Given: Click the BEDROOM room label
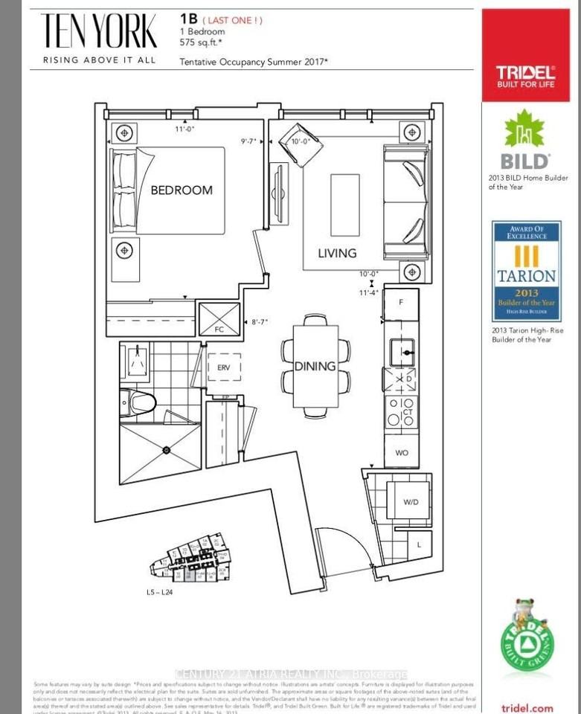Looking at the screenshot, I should pyautogui.click(x=182, y=190).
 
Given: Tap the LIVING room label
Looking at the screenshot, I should pyautogui.click(x=337, y=253).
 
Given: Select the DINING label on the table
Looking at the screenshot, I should pyautogui.click(x=315, y=366).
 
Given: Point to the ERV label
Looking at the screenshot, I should pyautogui.click(x=224, y=367).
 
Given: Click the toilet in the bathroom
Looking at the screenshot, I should pyautogui.click(x=139, y=402).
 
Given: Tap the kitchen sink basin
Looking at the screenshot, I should pyautogui.click(x=402, y=348).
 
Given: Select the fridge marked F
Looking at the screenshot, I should pyautogui.click(x=401, y=303).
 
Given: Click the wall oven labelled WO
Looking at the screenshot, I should pyautogui.click(x=401, y=451).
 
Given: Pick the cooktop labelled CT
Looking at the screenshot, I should pyautogui.click(x=401, y=411).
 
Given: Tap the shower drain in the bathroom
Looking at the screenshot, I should pyautogui.click(x=167, y=449).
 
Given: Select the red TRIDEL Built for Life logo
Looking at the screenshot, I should pyautogui.click(x=526, y=76).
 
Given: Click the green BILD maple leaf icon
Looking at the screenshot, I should pyautogui.click(x=526, y=132).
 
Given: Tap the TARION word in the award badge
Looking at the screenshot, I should pyautogui.click(x=526, y=275).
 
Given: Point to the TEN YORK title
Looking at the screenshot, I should pyautogui.click(x=99, y=32).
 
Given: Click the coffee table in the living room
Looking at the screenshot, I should pyautogui.click(x=344, y=194).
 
